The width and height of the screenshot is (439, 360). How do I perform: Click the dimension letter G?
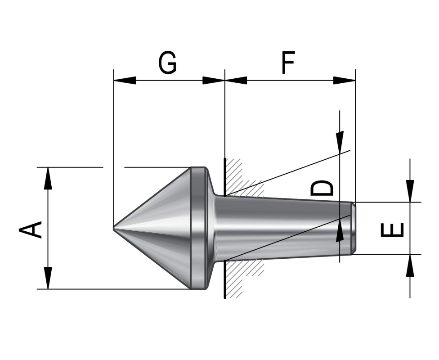tap(167, 63)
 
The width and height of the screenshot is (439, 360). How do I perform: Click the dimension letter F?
tap(288, 63)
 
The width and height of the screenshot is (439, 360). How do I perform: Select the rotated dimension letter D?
tap(323, 188)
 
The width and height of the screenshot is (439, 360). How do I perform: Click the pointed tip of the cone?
tap(114, 228)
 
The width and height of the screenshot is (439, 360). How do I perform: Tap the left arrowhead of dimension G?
tap(125, 81)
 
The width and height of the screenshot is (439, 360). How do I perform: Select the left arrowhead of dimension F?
tap(236, 81)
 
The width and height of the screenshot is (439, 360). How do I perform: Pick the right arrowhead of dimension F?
tap(345, 81)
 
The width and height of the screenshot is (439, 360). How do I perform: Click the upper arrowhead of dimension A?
tap(48, 178)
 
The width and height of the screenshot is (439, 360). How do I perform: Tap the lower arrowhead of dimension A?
tap(48, 278)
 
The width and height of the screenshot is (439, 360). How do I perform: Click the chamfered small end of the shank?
tap(354, 228)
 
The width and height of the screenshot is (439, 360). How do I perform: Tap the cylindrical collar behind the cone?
tap(197, 228)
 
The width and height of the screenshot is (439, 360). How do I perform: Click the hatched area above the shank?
tap(238, 178)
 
